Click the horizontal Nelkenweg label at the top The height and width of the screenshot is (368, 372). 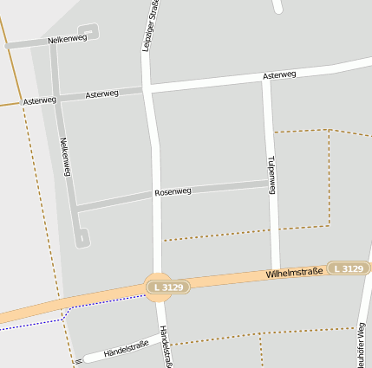(67, 39)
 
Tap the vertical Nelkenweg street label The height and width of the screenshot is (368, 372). (64, 157)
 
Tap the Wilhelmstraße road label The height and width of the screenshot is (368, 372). (294, 274)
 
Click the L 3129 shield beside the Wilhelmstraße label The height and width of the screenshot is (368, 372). (347, 269)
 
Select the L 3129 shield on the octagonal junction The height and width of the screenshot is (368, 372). (158, 287)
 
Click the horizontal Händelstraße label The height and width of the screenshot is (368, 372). (126, 349)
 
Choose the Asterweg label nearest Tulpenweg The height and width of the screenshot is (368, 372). (278, 75)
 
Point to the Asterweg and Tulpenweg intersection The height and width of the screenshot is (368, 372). (267, 80)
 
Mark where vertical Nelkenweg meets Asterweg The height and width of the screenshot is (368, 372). (55, 99)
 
